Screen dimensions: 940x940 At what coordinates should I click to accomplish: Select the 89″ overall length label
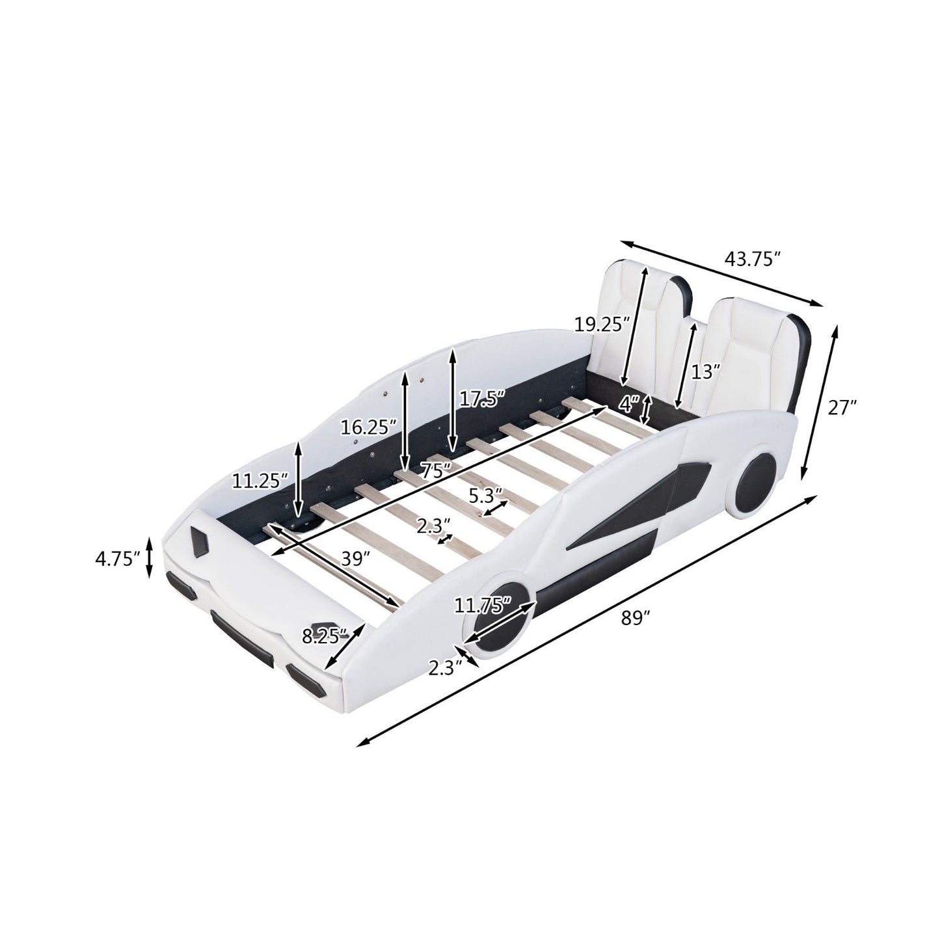[x=636, y=619]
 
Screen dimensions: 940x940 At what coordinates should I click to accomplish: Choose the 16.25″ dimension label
[x=368, y=427]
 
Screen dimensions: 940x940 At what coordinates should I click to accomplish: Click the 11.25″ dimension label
[x=258, y=481]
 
